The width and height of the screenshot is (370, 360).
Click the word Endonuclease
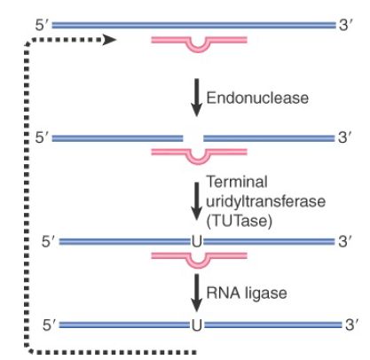(x=257, y=98)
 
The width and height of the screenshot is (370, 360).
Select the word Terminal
(x=237, y=182)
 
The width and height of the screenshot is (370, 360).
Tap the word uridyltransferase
(x=265, y=201)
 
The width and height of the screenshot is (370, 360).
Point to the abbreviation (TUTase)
(x=239, y=221)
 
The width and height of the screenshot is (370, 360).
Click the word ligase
(x=266, y=293)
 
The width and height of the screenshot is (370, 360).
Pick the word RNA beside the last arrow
(x=223, y=293)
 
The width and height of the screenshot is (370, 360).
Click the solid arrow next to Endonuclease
(x=196, y=98)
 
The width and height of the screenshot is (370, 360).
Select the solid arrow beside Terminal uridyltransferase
(x=196, y=201)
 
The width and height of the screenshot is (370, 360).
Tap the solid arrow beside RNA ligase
(x=196, y=293)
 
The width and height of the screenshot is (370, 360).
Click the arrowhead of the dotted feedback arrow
(x=109, y=40)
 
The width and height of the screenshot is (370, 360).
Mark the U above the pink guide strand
(x=197, y=242)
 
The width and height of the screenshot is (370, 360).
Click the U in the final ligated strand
(x=197, y=325)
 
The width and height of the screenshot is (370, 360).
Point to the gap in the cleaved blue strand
(x=193, y=138)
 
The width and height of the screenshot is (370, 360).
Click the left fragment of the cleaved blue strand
(x=117, y=138)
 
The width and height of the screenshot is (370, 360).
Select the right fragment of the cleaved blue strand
(x=269, y=138)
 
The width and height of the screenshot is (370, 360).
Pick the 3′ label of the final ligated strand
(x=351, y=325)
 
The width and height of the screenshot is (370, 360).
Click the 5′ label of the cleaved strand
(x=42, y=137)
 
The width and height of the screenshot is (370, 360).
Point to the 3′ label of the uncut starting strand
(x=345, y=25)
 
